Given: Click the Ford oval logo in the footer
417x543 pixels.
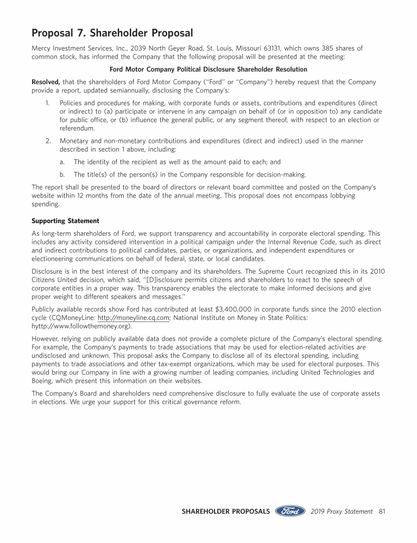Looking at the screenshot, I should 290,512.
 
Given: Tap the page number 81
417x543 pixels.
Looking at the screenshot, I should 381,512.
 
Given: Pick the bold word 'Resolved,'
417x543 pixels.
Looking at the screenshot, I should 46,82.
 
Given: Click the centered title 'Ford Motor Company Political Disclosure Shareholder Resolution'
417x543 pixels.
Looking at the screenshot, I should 208,70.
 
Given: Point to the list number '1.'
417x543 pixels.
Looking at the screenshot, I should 48,103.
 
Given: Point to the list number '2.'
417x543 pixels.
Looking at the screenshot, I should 48,141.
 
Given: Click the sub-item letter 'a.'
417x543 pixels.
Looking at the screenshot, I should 62,162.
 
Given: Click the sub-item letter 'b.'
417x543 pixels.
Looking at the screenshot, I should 62,174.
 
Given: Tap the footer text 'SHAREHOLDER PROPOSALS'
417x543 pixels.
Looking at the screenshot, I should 225,512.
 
